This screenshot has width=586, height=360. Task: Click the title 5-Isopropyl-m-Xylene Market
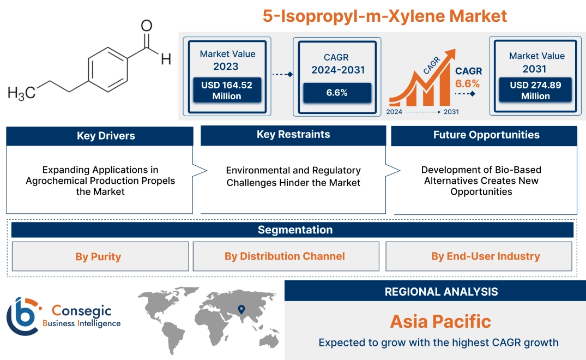[x=385, y=15]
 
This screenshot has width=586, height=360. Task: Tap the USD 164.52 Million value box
[x=226, y=91]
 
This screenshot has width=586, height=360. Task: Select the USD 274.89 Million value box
[x=536, y=91]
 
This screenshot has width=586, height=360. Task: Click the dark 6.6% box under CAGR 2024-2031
[x=337, y=93]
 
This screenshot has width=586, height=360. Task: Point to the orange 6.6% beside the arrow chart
[x=467, y=83]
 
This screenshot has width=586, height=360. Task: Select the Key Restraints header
[x=293, y=135]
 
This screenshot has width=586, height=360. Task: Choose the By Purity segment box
[x=98, y=256]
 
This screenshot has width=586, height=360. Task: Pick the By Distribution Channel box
[x=285, y=256]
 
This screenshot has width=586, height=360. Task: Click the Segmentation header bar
[x=295, y=230]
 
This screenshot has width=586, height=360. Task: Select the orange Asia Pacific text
[x=440, y=321]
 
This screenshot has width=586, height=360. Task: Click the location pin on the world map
[x=241, y=311]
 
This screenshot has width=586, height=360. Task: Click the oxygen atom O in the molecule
[x=146, y=26]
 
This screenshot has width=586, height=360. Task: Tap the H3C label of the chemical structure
[x=21, y=93]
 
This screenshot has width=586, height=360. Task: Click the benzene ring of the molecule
[x=107, y=69]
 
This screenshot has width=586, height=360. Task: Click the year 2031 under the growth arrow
[x=451, y=112]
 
